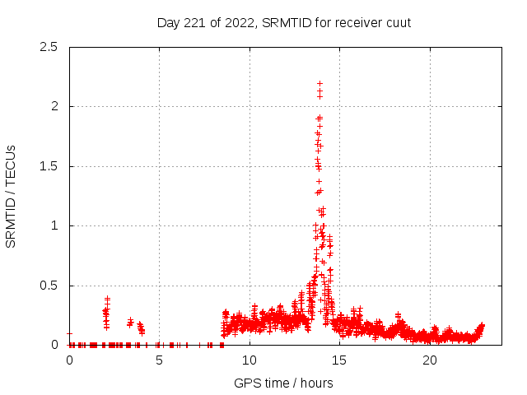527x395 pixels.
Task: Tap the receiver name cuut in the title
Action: point(397,23)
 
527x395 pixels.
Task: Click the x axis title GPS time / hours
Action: point(283,383)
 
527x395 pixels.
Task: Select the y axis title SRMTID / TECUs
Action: point(12,196)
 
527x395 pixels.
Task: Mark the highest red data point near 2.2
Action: point(319,83)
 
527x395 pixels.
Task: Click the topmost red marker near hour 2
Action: point(107,299)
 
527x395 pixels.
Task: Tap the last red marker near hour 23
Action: point(482,325)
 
